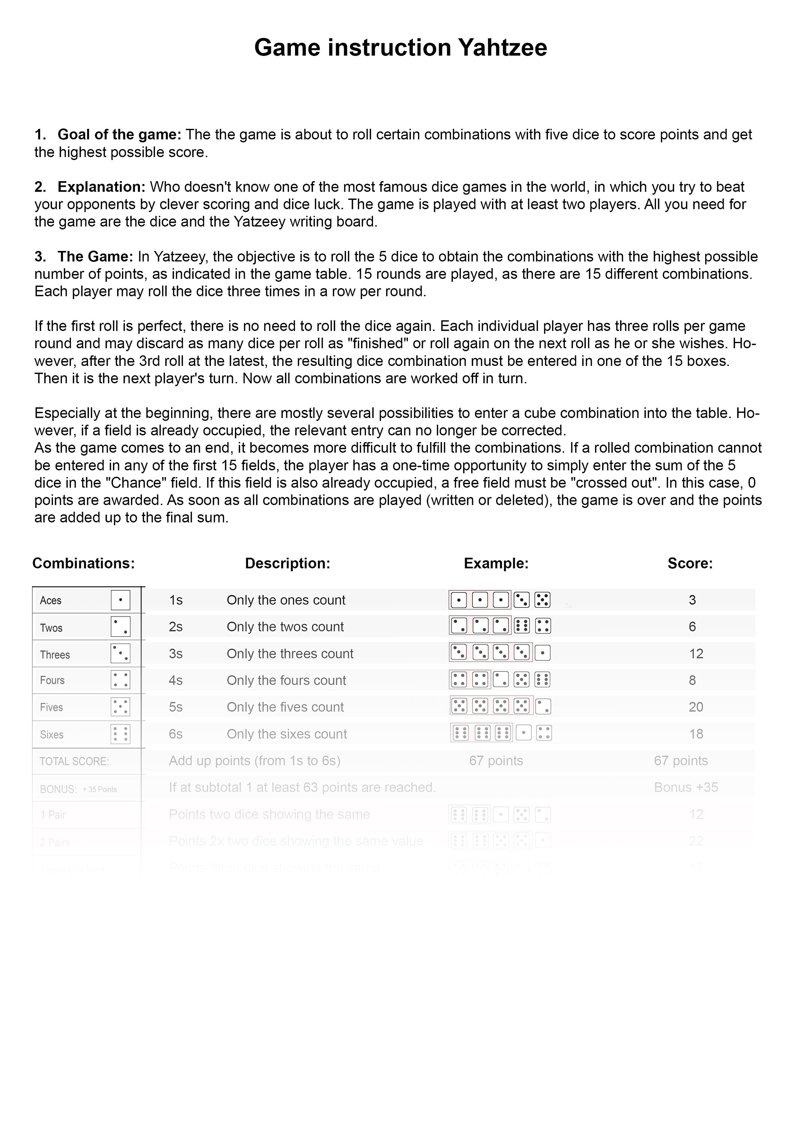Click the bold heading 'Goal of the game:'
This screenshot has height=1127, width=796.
[119, 134]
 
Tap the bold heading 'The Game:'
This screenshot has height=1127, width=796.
[95, 257]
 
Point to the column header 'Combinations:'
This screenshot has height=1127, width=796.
[83, 563]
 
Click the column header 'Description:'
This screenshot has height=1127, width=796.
[287, 563]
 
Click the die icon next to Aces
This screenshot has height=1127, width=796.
[120, 600]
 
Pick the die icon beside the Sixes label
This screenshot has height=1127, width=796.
[120, 734]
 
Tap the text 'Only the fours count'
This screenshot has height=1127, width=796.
[286, 681]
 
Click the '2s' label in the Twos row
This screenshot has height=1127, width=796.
[176, 627]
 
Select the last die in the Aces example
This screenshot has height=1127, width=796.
[542, 600]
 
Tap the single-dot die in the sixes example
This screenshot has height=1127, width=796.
[523, 734]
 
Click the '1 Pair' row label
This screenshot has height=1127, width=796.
[53, 815]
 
